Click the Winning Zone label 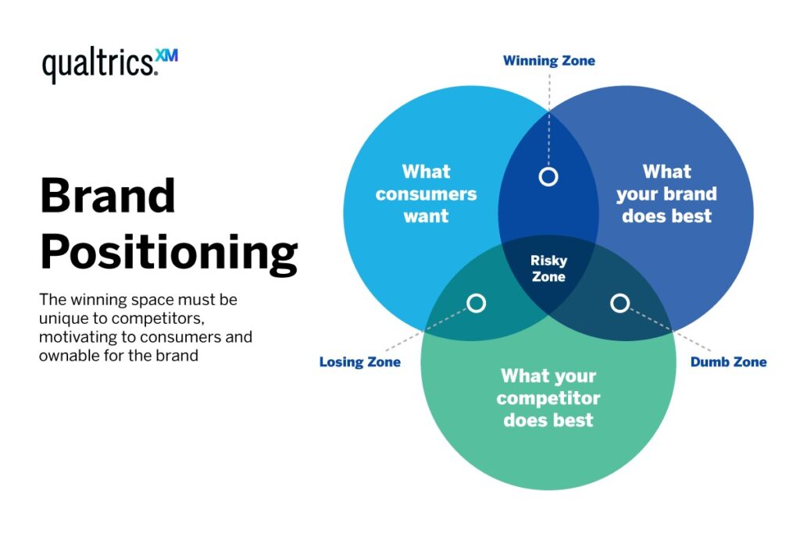pos(548,60)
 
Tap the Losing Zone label pos(359,362)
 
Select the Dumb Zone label pos(728,362)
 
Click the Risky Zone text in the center pos(548,268)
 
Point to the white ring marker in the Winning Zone pos(548,176)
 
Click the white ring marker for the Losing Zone pos(476,303)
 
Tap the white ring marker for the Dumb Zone pos(620,303)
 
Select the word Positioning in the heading pos(169,253)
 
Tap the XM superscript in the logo pos(167,55)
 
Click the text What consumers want pos(426,194)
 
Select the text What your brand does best pos(666,194)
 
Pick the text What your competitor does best pos(548,398)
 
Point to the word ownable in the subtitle pos(65,356)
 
